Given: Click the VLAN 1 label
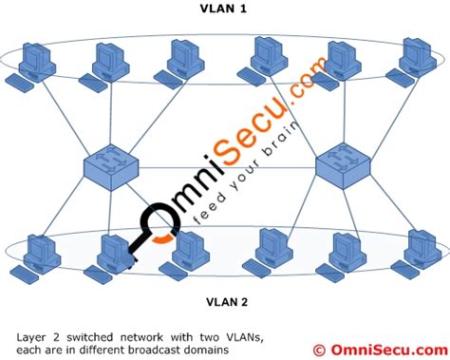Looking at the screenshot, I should click(225, 9).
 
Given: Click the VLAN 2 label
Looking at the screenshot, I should click(225, 303).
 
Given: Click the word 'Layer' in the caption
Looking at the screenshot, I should click(32, 335).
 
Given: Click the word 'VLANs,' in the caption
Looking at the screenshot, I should click(215, 335).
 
